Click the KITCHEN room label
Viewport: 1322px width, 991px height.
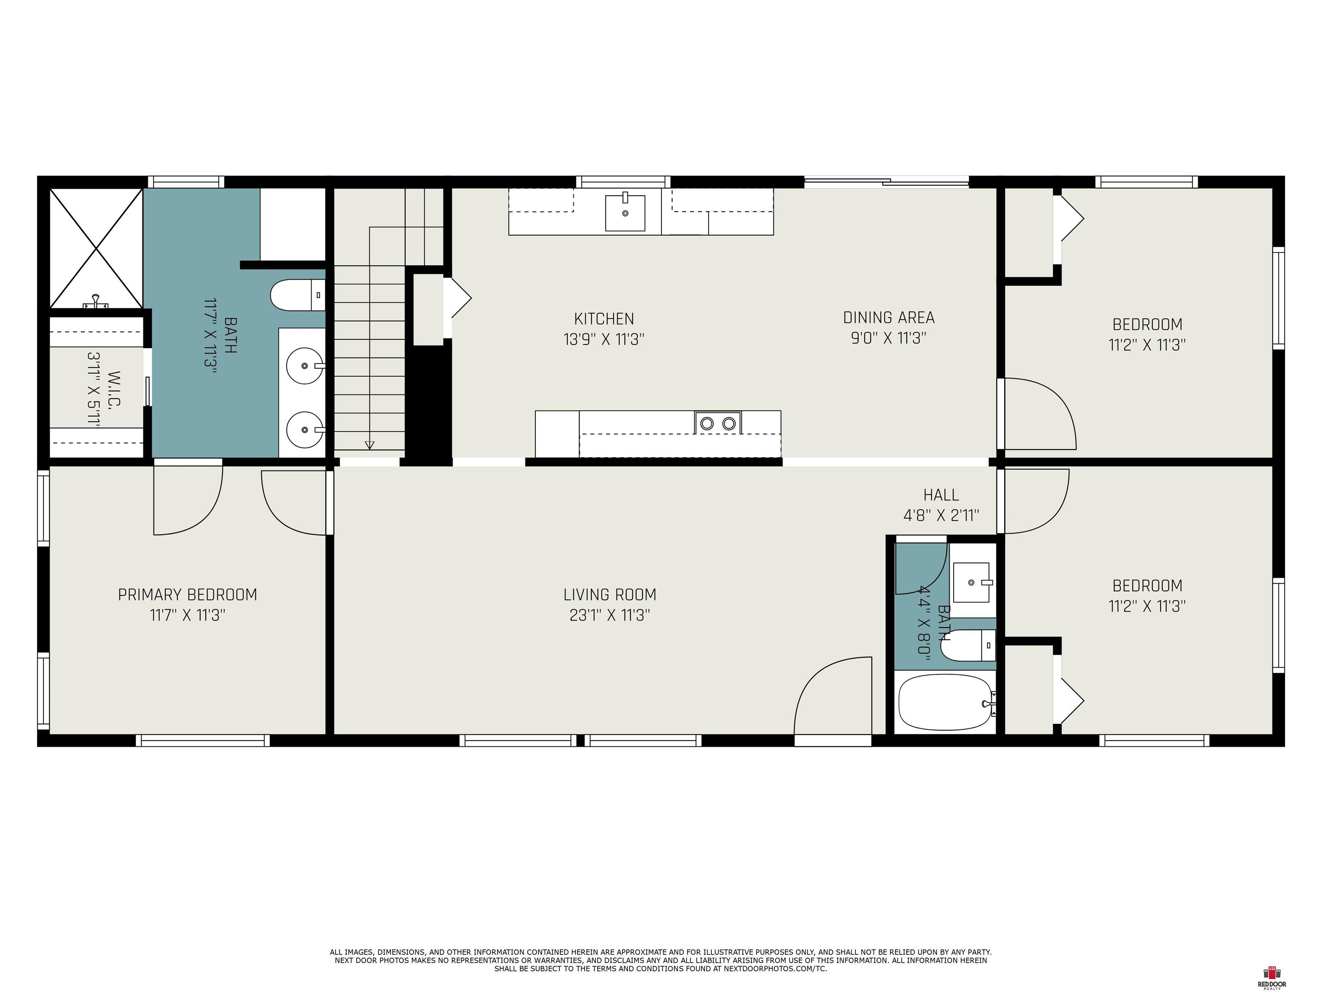pos(604,319)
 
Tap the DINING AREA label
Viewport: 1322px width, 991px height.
pos(889,318)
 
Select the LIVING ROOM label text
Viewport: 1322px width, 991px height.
pos(610,595)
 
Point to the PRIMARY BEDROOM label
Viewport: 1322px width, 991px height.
pos(188,595)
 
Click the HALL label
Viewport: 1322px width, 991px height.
pos(941,495)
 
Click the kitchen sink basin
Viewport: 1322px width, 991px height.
pos(625,212)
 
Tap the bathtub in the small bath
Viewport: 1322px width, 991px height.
pos(945,702)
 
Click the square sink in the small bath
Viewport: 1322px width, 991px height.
pos(972,582)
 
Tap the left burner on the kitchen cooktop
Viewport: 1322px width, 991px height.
pos(707,424)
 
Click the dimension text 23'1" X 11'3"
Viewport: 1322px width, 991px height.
pos(610,615)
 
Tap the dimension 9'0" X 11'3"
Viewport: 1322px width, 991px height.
pos(889,338)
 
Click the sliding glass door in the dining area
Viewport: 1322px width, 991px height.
pos(886,182)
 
